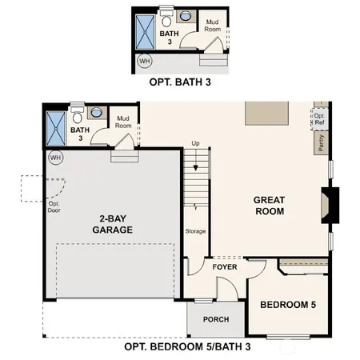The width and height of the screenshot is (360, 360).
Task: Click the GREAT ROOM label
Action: (270, 206)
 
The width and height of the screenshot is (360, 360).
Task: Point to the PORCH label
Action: (215, 319)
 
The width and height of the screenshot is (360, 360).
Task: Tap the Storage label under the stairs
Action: (196, 231)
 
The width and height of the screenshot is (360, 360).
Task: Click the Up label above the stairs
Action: (195, 144)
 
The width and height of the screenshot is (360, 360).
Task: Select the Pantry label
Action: (321, 142)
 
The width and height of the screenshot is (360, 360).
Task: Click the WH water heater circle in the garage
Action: (55, 158)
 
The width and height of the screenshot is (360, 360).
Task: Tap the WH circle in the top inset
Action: (145, 60)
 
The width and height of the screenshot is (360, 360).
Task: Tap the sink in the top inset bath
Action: (186, 15)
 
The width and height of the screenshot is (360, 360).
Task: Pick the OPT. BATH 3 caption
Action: (179, 81)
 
